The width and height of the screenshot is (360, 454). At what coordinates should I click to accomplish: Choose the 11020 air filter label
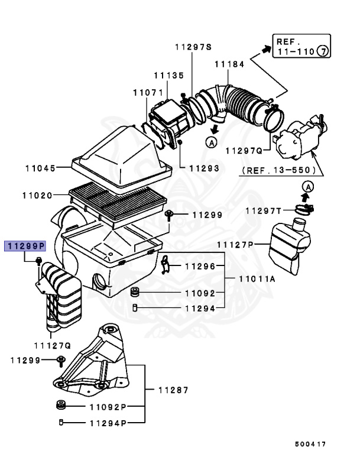(37, 194)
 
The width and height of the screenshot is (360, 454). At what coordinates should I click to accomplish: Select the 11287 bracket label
(173, 390)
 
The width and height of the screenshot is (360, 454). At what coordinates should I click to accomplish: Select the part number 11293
(205, 168)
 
